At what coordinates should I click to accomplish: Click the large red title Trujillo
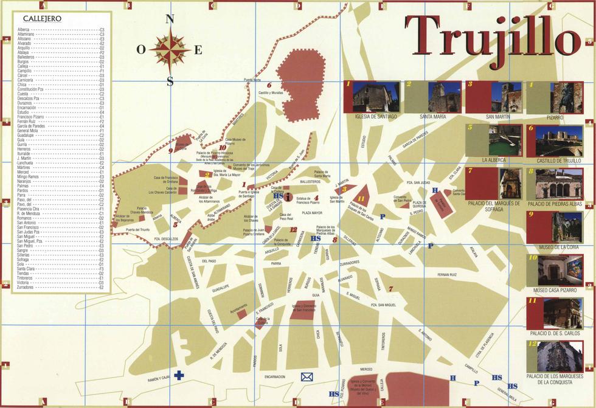(x=491, y=38)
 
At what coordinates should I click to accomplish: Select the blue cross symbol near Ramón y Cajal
(x=179, y=375)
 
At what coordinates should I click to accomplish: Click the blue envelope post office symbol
(x=307, y=377)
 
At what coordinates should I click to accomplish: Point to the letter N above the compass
(x=171, y=19)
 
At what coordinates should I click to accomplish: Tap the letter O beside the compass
(x=140, y=50)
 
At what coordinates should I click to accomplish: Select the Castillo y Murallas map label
(x=271, y=93)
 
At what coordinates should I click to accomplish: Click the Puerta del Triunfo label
(x=137, y=230)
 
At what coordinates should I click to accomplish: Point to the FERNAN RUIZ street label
(x=446, y=275)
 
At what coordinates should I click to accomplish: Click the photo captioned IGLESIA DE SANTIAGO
(x=376, y=97)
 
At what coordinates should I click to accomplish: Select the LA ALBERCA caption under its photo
(x=494, y=160)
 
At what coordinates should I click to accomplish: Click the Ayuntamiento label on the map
(x=239, y=305)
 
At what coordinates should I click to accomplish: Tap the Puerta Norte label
(x=252, y=80)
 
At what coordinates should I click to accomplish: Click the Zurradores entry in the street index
(x=26, y=286)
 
